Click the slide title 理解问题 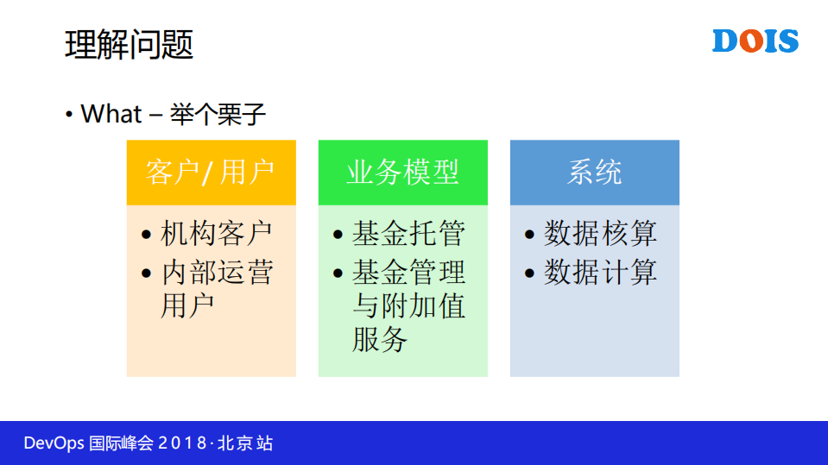tap(129, 45)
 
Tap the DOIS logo tap(755, 41)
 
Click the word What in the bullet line tap(110, 114)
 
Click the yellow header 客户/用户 tap(211, 173)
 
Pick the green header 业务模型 tap(402, 173)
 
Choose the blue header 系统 tap(594, 173)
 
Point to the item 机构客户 tap(217, 233)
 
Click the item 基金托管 tap(408, 233)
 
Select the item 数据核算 tap(600, 233)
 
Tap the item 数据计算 tap(600, 273)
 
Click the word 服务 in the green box tap(379, 339)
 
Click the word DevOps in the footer tap(54, 443)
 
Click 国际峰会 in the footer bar tap(121, 443)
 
